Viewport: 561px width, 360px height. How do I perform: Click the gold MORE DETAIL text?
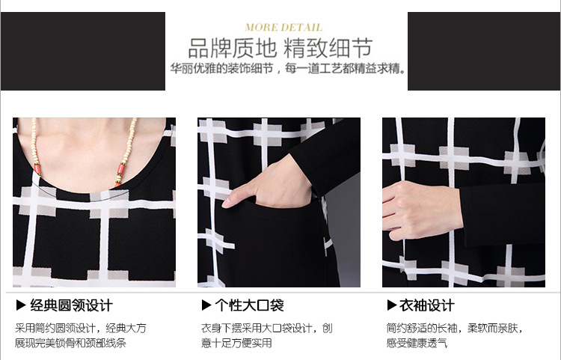(283, 28)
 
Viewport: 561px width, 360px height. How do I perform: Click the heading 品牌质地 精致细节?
(280, 49)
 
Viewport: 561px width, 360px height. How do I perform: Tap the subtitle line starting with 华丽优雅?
(289, 68)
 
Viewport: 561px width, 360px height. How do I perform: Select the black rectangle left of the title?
(83, 51)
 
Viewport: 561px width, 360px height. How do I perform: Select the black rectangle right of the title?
(484, 51)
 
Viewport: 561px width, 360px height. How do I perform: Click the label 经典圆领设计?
(72, 305)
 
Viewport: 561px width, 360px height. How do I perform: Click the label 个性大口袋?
(249, 305)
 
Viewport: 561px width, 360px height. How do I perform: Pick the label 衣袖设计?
(427, 305)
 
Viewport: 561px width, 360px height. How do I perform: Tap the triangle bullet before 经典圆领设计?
(21, 305)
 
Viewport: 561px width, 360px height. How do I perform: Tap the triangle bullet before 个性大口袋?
(206, 305)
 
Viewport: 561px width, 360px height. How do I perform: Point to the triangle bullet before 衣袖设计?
(392, 305)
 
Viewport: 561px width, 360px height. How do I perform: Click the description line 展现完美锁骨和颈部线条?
(70, 343)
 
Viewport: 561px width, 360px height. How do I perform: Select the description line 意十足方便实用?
(236, 343)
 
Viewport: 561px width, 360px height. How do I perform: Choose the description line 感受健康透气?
(417, 343)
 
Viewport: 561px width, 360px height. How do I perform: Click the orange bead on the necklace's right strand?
(120, 168)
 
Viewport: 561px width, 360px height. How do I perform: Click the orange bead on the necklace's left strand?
(37, 167)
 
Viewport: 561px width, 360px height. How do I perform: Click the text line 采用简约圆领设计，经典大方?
(81, 328)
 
